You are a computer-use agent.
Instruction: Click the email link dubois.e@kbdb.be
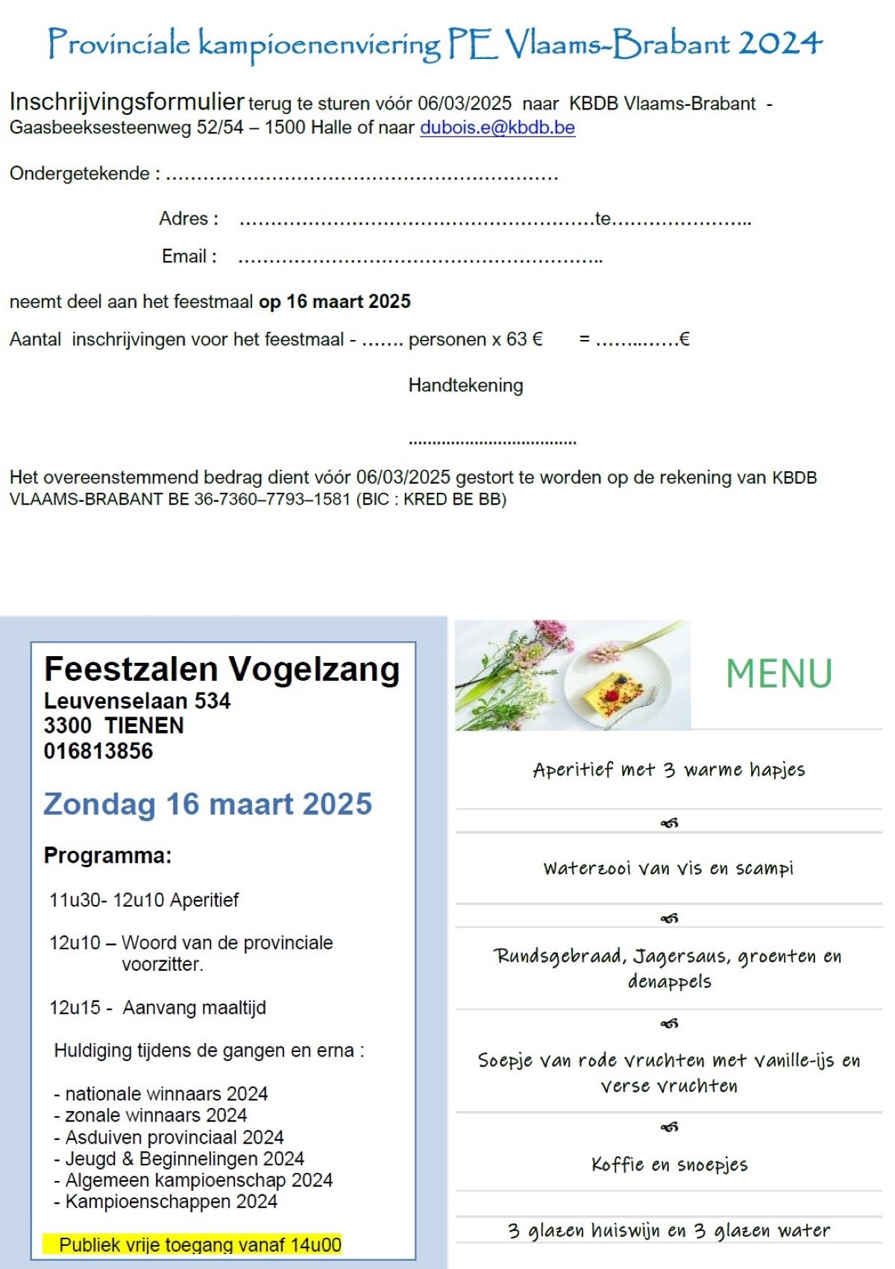point(497,127)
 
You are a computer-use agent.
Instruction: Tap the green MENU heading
point(779,674)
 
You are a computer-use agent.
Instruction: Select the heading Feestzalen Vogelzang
point(222,669)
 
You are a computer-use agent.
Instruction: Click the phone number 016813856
point(98,751)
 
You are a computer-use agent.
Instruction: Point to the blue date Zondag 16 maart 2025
point(207,804)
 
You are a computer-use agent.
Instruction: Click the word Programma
point(107,855)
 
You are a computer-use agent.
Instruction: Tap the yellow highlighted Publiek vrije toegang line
point(192,1244)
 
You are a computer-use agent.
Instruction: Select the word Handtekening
point(465,385)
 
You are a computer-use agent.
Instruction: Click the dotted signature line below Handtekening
point(492,442)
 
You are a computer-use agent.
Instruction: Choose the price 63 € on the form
point(524,339)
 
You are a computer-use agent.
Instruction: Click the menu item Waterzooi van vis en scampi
point(668,869)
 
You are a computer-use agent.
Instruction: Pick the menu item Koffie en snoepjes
point(669,1165)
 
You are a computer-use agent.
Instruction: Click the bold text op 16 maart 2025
point(335,301)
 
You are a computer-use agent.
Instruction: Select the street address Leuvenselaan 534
point(137,701)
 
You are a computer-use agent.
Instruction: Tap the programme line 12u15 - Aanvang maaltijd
point(157,1008)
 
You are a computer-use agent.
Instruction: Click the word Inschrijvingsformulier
point(127,101)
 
